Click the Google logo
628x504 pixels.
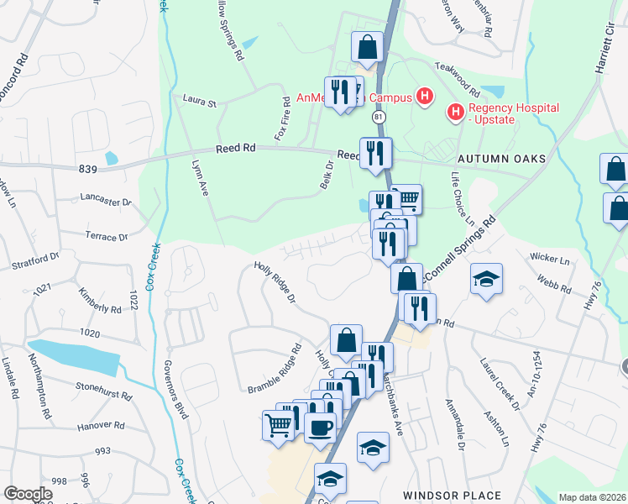(x=29, y=494)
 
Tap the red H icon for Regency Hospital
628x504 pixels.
(x=456, y=111)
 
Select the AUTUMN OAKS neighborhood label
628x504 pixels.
(x=501, y=159)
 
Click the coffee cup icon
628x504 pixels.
(x=319, y=426)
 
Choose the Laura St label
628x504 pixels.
(x=200, y=102)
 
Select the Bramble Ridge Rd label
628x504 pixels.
(x=275, y=369)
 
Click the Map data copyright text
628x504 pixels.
(x=591, y=497)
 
